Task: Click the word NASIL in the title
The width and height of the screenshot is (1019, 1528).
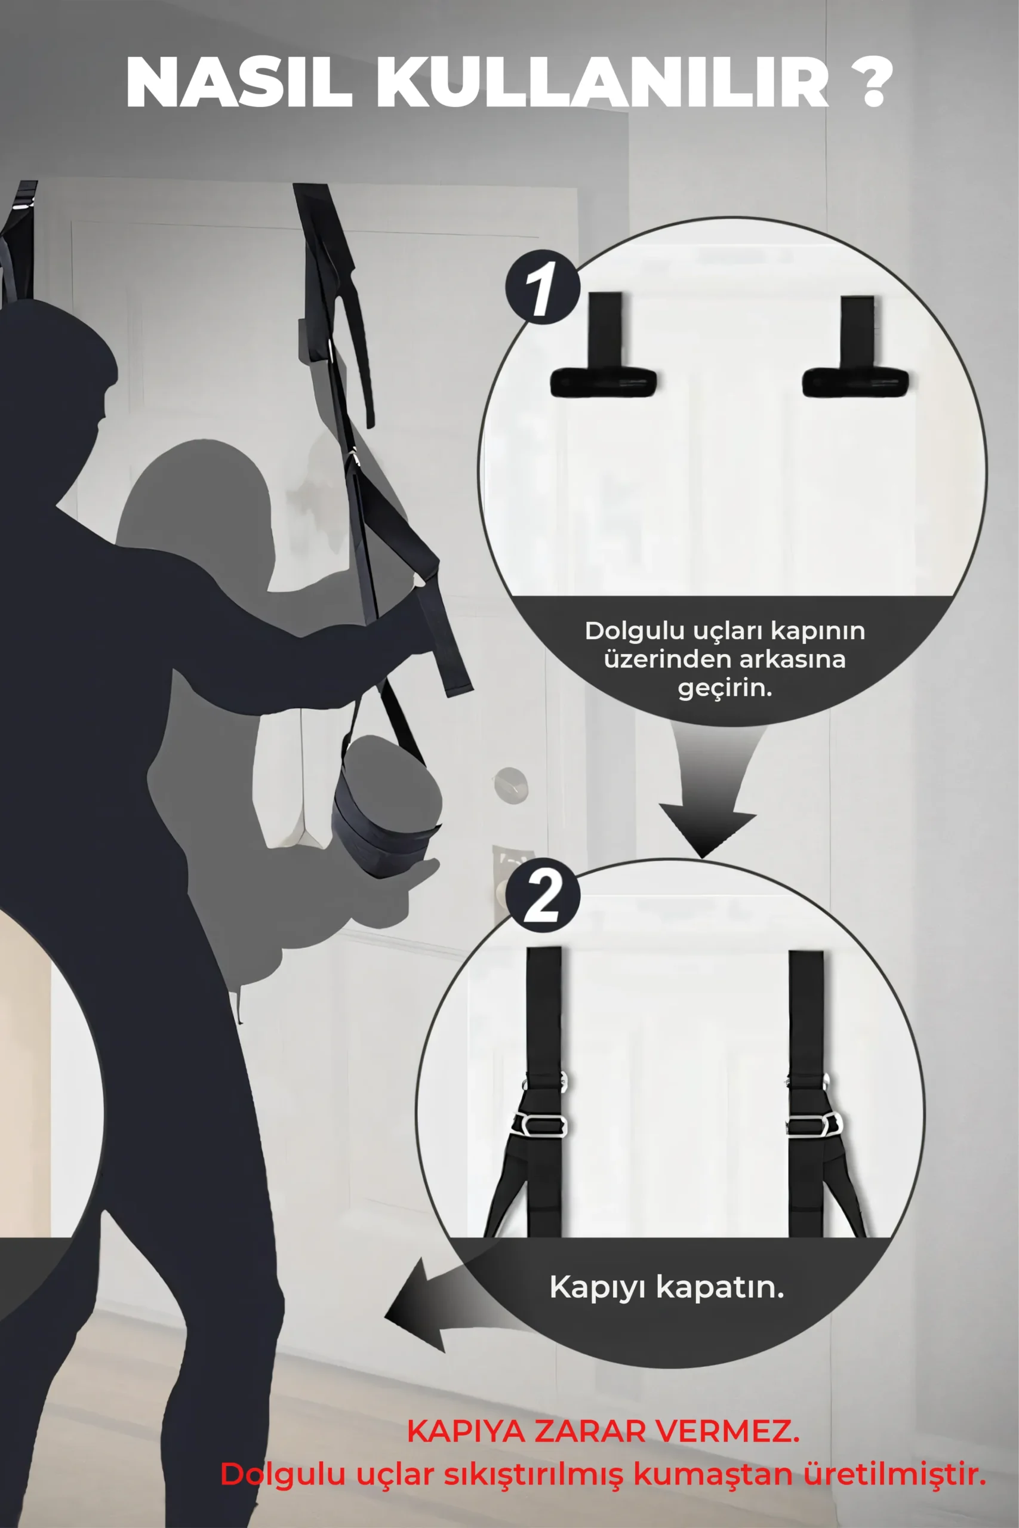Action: tap(239, 83)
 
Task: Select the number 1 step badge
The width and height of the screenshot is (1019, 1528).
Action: tap(543, 287)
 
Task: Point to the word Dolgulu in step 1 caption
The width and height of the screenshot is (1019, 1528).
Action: tap(633, 631)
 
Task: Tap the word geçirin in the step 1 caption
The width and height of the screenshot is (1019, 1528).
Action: tap(725, 688)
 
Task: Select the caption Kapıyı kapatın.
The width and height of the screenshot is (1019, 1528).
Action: tap(667, 1287)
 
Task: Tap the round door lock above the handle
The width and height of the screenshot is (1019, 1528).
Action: tap(511, 785)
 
